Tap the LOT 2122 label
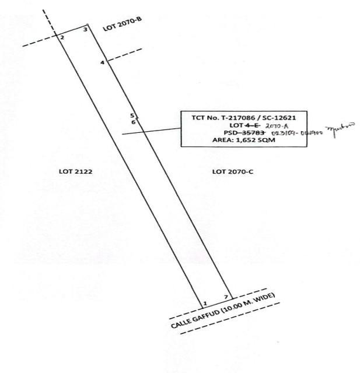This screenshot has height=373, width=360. [x=72, y=172]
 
